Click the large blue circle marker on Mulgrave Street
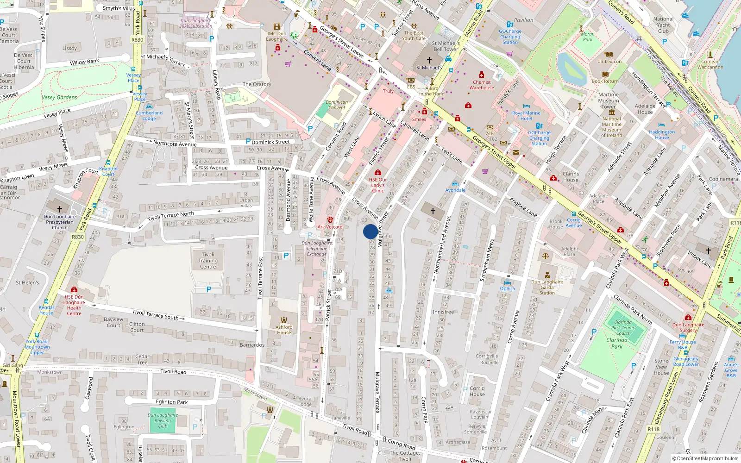pyautogui.click(x=370, y=231)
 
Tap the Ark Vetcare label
pyautogui.click(x=330, y=227)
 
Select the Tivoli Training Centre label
pyautogui.click(x=208, y=261)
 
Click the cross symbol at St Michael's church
pyautogui.click(x=429, y=60)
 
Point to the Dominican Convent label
pyautogui.click(x=337, y=105)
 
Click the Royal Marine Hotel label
pyautogui.click(x=526, y=116)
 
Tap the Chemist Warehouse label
pyautogui.click(x=482, y=85)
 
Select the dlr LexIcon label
pyautogui.click(x=609, y=61)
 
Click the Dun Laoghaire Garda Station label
pyautogui.click(x=547, y=287)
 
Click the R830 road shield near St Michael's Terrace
pyautogui.click(x=137, y=40)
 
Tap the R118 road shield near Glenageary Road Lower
pyautogui.click(x=653, y=429)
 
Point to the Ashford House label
pyautogui.click(x=284, y=330)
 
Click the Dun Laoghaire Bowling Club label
pyautogui.click(x=163, y=420)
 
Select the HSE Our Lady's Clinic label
pyautogui.click(x=378, y=185)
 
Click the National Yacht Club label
pyautogui.click(x=663, y=25)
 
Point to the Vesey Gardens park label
pyautogui.click(x=59, y=97)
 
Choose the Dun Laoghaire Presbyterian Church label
pyautogui.click(x=60, y=222)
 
